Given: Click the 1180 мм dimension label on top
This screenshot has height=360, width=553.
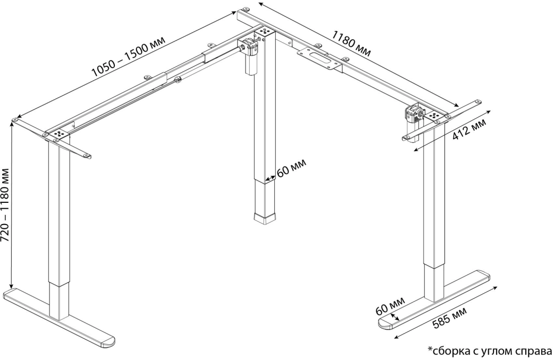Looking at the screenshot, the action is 351,43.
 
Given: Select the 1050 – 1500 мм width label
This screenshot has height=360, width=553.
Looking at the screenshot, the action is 129,57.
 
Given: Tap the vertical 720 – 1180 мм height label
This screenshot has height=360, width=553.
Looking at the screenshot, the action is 5,205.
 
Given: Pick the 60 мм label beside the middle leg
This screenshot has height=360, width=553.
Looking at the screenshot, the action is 291,168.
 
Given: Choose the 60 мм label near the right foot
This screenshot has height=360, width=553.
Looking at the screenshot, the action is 390,306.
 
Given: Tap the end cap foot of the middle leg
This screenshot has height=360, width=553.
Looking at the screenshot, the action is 265,218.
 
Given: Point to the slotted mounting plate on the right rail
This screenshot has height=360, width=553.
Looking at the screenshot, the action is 319,59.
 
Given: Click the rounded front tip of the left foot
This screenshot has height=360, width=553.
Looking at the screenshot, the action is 109,342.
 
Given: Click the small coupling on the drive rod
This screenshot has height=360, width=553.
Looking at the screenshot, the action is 177,80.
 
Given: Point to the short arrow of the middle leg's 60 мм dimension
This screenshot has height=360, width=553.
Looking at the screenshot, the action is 270,178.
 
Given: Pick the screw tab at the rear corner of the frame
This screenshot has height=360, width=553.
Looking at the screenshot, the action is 246,10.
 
